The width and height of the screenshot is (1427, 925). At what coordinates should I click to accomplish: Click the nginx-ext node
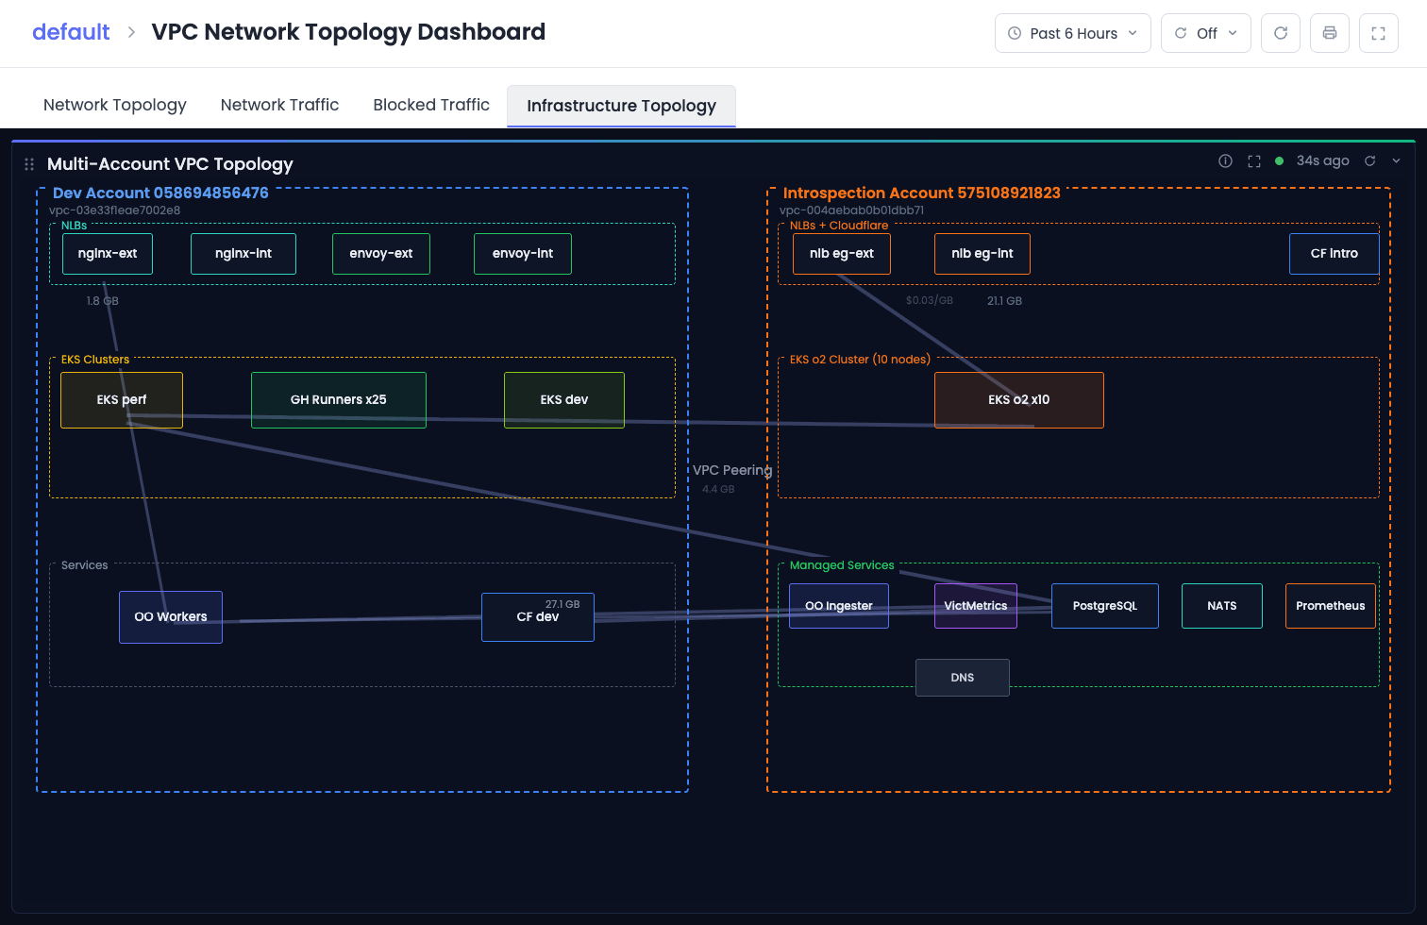pyautogui.click(x=107, y=254)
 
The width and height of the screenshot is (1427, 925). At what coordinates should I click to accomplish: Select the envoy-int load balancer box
pyautogui.click(x=523, y=254)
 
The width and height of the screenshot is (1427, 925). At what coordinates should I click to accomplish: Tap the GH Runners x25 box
pyautogui.click(x=338, y=400)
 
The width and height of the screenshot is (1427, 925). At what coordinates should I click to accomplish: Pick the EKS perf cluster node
pyautogui.click(x=122, y=400)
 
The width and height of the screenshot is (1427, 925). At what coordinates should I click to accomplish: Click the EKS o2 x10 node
pyautogui.click(x=1018, y=400)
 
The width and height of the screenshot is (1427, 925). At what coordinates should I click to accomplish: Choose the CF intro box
pyautogui.click(x=1334, y=254)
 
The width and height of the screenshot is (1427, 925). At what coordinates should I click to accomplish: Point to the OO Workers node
pyautogui.click(x=171, y=617)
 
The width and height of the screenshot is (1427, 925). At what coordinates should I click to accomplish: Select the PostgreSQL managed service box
pyautogui.click(x=1104, y=606)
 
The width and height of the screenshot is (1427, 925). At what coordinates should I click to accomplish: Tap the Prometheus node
pyautogui.click(x=1330, y=606)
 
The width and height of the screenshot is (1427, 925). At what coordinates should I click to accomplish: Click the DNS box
pyautogui.click(x=962, y=678)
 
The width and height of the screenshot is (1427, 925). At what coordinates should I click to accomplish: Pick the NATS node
pyautogui.click(x=1222, y=606)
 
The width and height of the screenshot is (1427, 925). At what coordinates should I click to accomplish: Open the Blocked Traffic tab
pyautogui.click(x=431, y=105)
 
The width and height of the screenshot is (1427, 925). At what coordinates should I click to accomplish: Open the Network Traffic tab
pyautogui.click(x=279, y=105)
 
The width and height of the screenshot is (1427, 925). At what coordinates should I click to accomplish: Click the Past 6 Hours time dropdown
pyautogui.click(x=1073, y=33)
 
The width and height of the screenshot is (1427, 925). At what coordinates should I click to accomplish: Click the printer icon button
pyautogui.click(x=1330, y=33)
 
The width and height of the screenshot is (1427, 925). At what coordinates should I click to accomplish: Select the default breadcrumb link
pyautogui.click(x=71, y=32)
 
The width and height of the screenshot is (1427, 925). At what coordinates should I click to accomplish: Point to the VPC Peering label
pyautogui.click(x=732, y=470)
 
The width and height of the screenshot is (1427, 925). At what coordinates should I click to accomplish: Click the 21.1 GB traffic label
pyautogui.click(x=1004, y=301)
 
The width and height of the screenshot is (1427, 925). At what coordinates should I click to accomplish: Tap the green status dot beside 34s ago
pyautogui.click(x=1279, y=161)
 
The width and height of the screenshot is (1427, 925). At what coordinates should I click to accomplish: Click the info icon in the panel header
pyautogui.click(x=1225, y=161)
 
